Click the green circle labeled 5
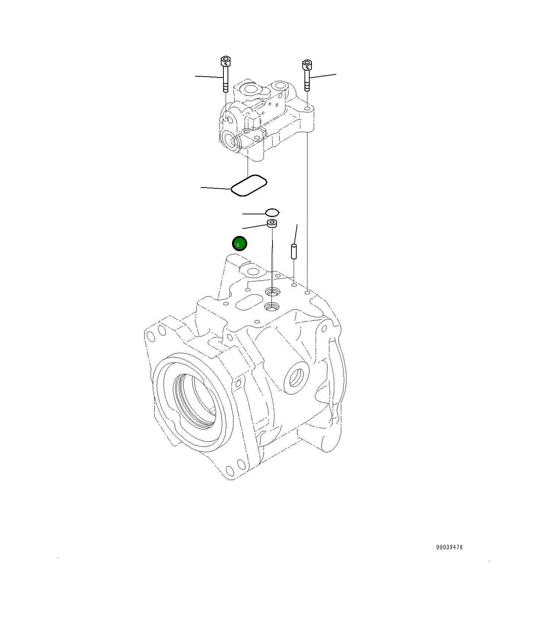point(239,244)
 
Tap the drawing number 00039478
point(449,547)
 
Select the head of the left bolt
point(225,60)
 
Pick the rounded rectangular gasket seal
point(249,185)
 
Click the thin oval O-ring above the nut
point(272,212)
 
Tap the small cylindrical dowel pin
point(294,251)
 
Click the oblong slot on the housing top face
point(250,301)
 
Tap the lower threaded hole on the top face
point(271,307)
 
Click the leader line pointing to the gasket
point(216,188)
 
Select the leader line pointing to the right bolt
point(323,76)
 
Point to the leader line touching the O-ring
point(254,214)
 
